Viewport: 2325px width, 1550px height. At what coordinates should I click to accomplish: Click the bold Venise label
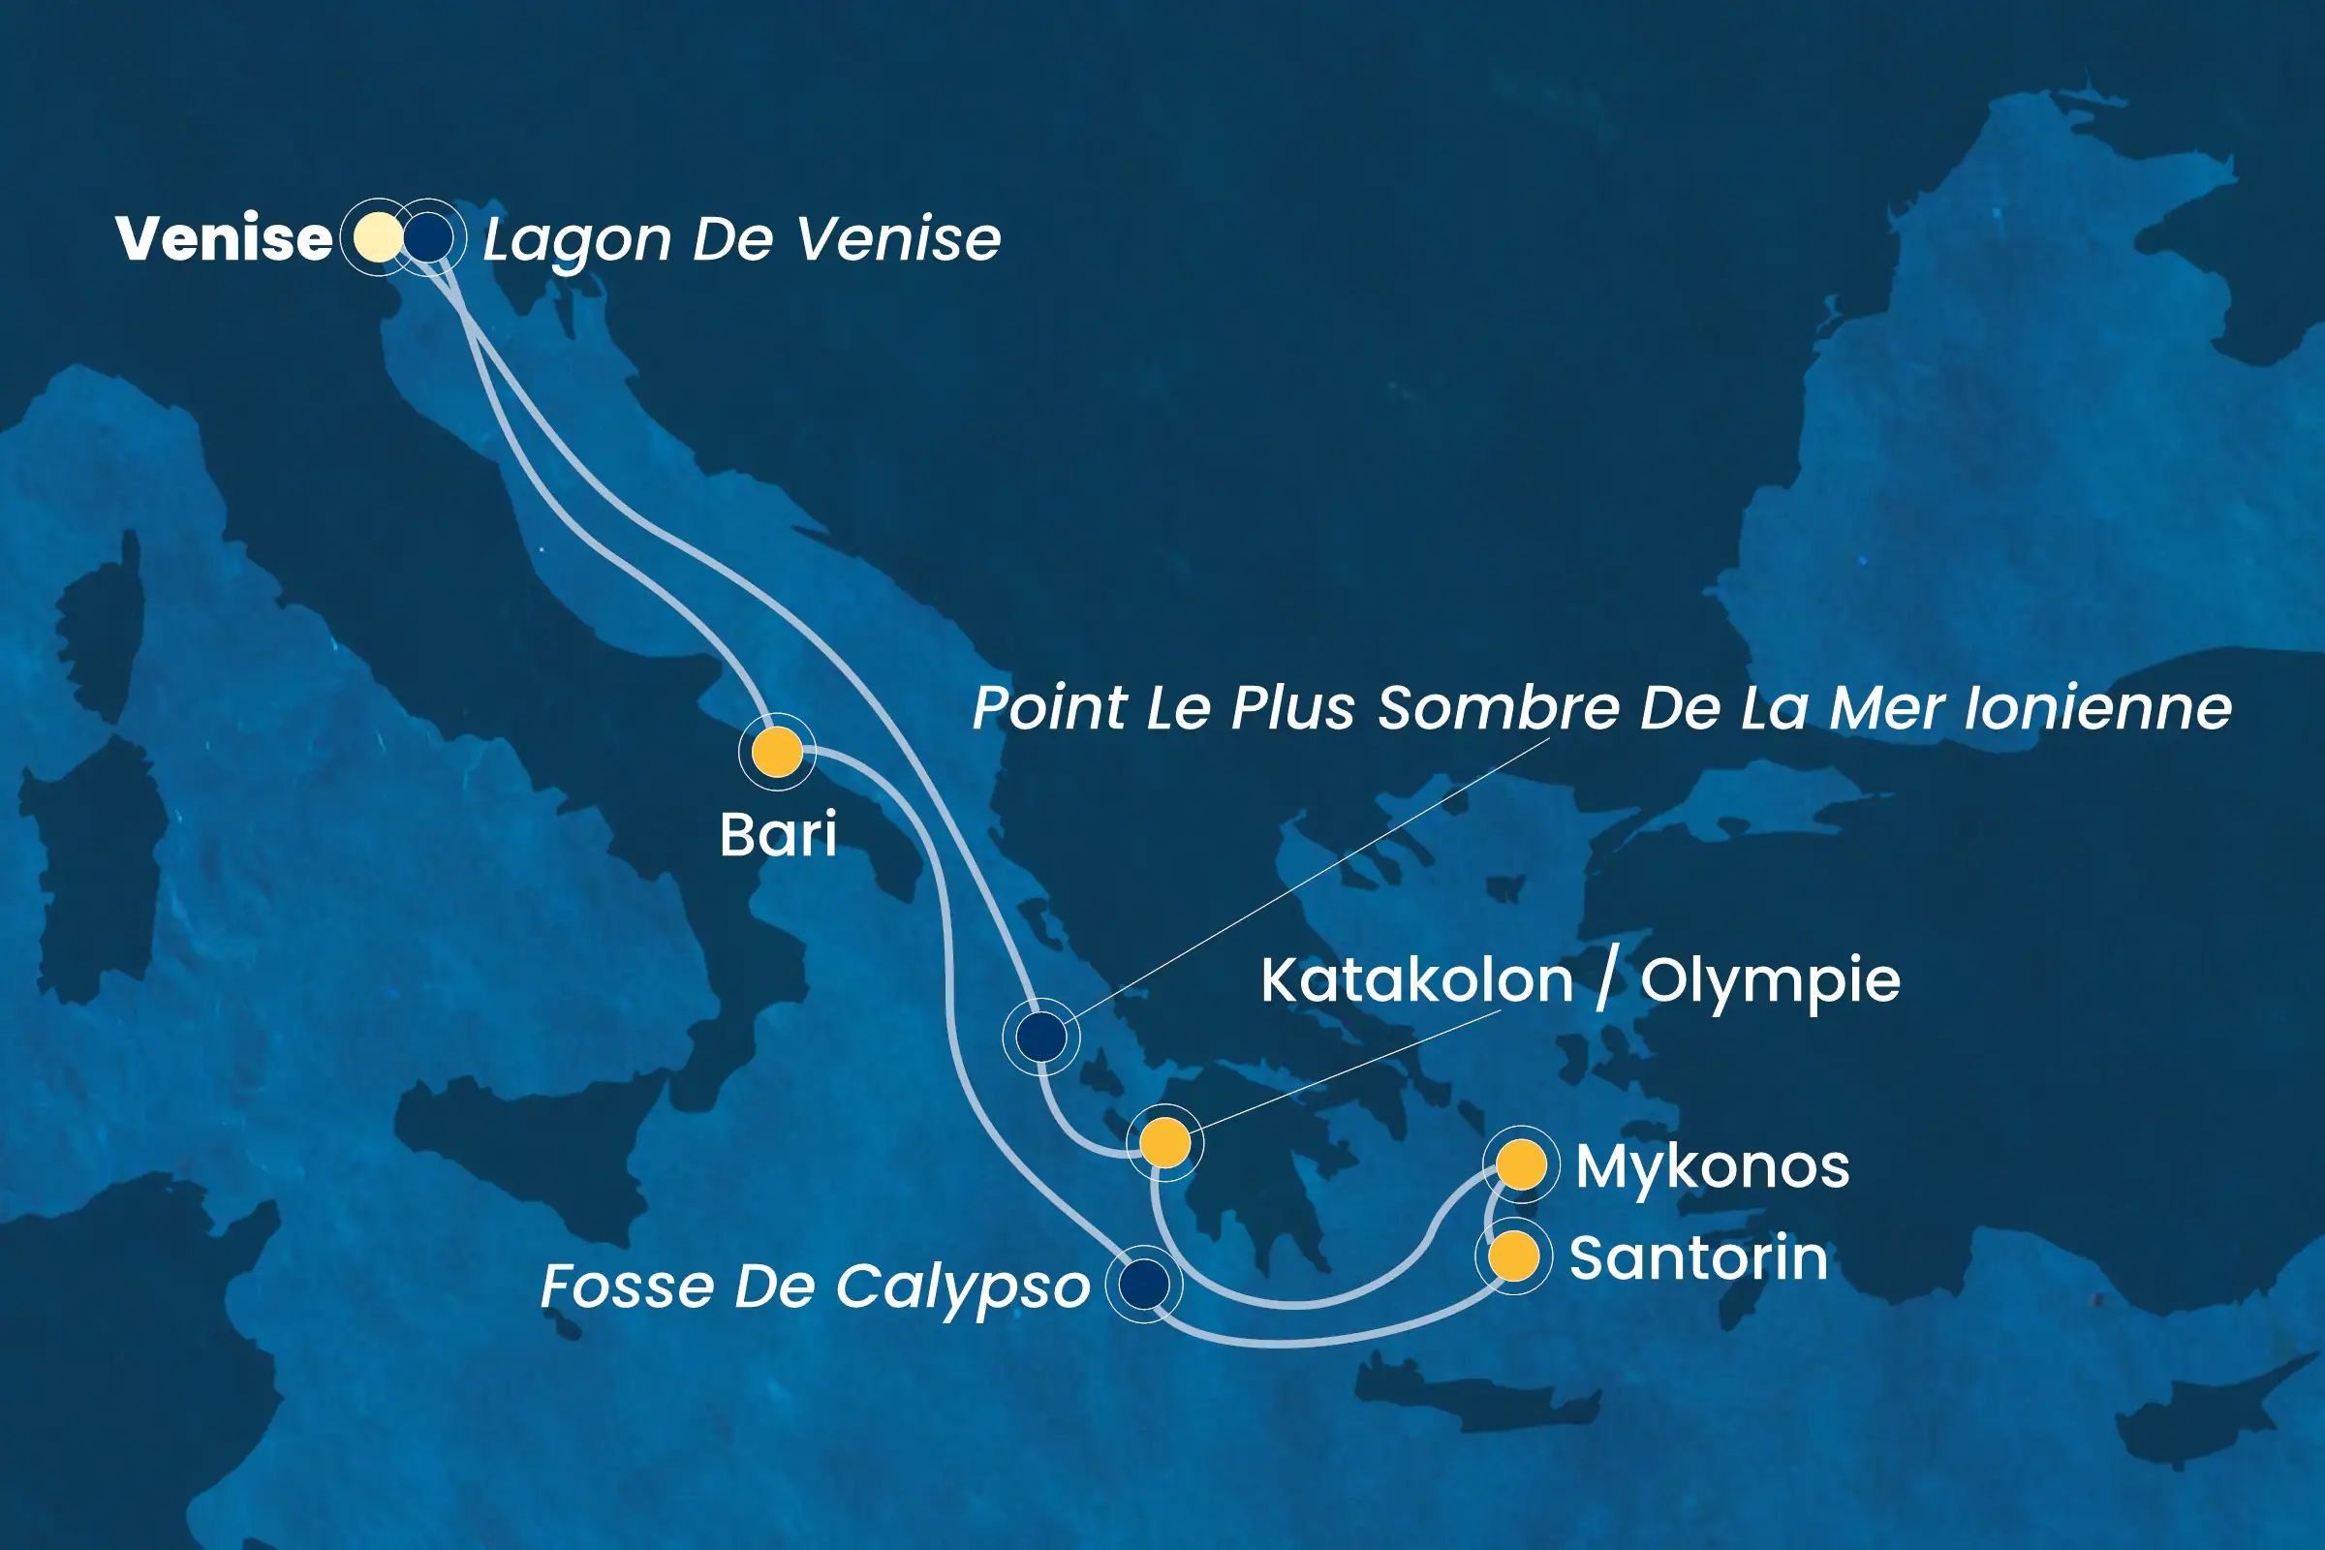[x=224, y=238]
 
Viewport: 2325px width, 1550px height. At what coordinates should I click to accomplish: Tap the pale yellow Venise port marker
[x=378, y=237]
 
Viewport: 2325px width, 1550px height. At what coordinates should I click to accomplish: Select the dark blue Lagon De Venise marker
[x=429, y=237]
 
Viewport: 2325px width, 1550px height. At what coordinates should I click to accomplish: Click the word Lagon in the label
[x=577, y=240]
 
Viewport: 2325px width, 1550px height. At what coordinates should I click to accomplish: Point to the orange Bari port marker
[x=777, y=752]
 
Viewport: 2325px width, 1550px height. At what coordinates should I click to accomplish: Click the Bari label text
[x=778, y=834]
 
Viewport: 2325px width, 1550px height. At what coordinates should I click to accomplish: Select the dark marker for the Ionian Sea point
[x=1040, y=1037]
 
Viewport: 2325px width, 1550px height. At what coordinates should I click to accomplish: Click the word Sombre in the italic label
[x=1500, y=708]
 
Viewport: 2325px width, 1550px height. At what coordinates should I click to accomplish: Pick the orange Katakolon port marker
[x=1165, y=1143]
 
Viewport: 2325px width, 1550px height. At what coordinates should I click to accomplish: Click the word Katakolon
[x=1416, y=980]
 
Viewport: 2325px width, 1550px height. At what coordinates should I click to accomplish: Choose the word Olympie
[x=1770, y=980]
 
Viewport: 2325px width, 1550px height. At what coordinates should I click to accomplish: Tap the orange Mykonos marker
[x=1521, y=1164]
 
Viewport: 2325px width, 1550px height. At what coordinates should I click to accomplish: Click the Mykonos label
[x=1712, y=1166]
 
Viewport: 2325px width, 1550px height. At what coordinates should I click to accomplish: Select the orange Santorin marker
[x=1513, y=1255]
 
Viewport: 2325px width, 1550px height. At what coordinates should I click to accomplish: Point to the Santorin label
[x=1698, y=1257]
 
